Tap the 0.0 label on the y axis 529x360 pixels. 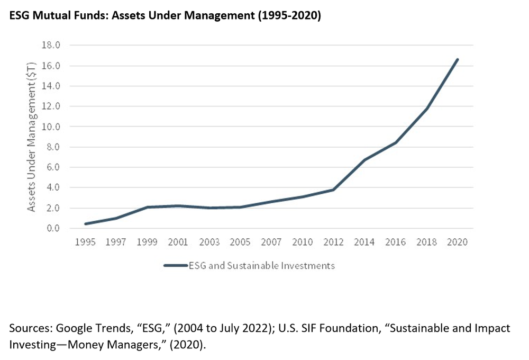(51, 229)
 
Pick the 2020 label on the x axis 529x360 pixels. (458, 242)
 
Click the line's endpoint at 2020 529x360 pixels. (458, 59)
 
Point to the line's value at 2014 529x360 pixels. (364, 160)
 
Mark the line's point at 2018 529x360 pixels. (426, 109)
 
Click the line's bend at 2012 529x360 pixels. (333, 190)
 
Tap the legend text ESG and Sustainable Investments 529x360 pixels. (262, 266)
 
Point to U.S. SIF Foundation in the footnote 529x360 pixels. (346, 328)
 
